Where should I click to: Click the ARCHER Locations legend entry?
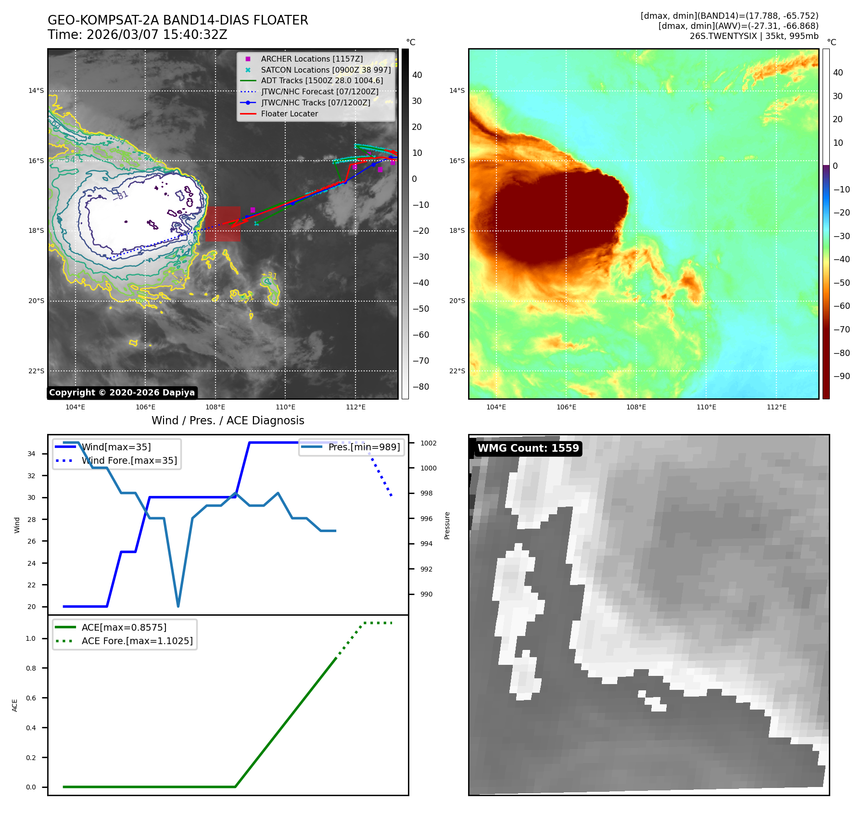click(x=312, y=59)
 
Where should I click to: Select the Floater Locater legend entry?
click(x=289, y=114)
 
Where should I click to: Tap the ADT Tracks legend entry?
click(x=322, y=81)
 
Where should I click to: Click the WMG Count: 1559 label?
click(x=528, y=448)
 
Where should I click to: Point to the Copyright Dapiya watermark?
click(x=122, y=393)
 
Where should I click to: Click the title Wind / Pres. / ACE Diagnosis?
click(x=228, y=420)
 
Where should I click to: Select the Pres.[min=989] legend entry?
click(x=364, y=447)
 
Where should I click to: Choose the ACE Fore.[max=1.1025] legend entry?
click(x=137, y=641)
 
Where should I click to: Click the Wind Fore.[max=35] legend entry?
click(x=129, y=460)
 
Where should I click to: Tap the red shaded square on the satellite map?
click(x=223, y=224)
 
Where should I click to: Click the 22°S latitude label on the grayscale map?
click(x=36, y=371)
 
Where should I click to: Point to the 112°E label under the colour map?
click(x=776, y=407)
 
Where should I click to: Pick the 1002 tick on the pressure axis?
click(x=428, y=443)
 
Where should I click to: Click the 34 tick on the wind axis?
click(x=31, y=454)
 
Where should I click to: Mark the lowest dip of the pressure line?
click(x=178, y=606)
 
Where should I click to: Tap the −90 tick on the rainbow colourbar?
click(x=841, y=376)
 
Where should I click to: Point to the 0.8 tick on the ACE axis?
click(x=31, y=668)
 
